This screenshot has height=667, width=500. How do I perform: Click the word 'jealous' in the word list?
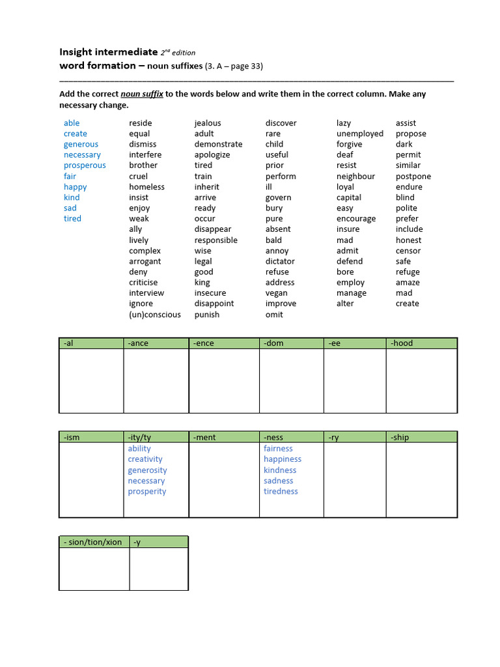pos(208,123)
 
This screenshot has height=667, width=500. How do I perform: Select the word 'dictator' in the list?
pos(280,261)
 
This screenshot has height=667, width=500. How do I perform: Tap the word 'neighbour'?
pos(355,177)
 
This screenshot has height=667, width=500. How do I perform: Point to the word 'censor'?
pos(408,251)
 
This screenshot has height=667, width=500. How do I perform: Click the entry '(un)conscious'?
pos(155,315)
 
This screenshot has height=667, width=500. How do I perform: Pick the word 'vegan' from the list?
pos(277,293)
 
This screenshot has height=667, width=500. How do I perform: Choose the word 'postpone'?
pos(413,177)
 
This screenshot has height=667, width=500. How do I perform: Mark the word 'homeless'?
pos(146,187)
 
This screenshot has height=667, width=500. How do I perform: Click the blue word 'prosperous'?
pos(85,165)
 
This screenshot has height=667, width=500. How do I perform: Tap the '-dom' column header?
pos(273,343)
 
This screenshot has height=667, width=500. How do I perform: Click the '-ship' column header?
pos(400,437)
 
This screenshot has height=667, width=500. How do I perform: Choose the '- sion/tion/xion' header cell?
pos(92,542)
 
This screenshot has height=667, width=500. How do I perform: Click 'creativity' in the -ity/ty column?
pos(145,459)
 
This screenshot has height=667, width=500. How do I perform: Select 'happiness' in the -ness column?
pos(283,459)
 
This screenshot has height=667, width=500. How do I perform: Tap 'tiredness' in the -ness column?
pos(281,491)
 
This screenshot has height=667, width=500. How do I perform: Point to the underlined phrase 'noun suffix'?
pos(142,94)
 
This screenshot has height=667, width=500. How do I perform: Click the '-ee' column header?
pos(335,343)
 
